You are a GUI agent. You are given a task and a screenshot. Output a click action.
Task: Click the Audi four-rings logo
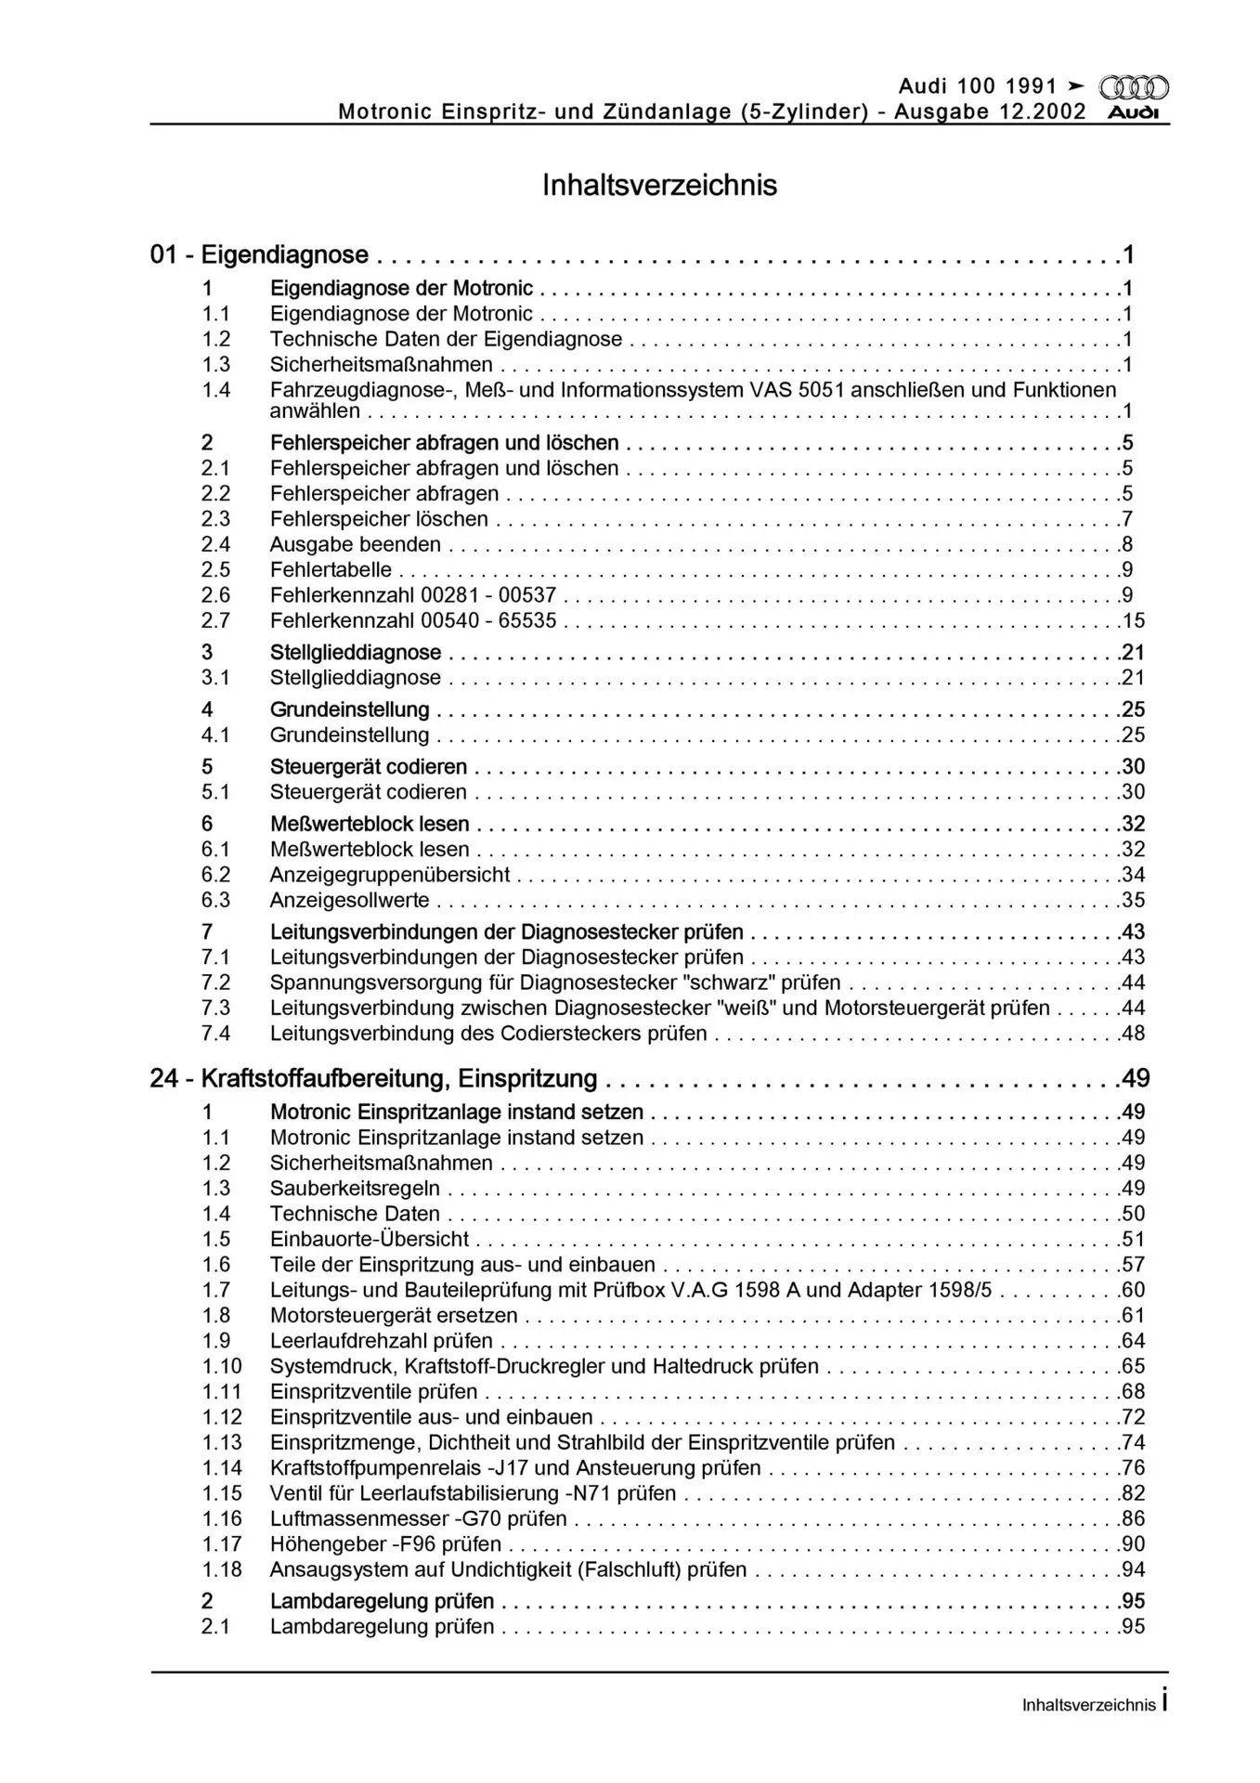(1133, 88)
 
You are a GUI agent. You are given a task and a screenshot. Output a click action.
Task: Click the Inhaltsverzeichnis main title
(659, 185)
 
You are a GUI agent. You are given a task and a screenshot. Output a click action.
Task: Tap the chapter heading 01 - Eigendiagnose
(259, 254)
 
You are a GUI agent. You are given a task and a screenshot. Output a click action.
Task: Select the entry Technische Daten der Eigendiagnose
(446, 339)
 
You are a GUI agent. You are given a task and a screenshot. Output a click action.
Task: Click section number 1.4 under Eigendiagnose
(216, 390)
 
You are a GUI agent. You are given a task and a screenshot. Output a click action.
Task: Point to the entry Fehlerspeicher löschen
(379, 519)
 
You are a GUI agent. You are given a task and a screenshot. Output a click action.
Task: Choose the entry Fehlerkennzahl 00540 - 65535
(413, 620)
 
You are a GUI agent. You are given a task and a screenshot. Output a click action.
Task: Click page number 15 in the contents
(1134, 620)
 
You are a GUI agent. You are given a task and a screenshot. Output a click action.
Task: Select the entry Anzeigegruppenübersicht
(390, 875)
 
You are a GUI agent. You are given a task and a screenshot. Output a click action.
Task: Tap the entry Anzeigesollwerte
(350, 900)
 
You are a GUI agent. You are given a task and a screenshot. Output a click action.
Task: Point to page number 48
(1134, 1034)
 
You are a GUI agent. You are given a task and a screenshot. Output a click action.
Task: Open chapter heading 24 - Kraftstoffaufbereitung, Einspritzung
(373, 1078)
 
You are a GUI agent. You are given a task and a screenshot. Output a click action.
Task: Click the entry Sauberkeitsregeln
(355, 1189)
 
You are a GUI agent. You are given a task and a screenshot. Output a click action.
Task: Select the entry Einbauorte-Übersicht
(370, 1239)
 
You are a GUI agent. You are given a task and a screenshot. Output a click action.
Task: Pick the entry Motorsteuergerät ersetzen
(394, 1315)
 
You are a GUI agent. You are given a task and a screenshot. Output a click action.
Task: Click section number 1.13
(222, 1442)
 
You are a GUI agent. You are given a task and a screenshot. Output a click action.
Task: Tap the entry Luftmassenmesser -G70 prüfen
(418, 1518)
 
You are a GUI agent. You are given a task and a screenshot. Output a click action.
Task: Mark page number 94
(1134, 1569)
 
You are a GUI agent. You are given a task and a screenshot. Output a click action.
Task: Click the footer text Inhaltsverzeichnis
(1088, 1705)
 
